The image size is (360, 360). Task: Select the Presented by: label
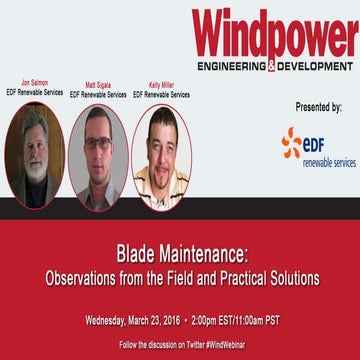319,105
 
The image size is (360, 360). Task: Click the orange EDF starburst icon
292,143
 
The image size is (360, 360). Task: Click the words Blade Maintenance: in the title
180,252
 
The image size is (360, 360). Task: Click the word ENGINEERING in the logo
232,67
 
